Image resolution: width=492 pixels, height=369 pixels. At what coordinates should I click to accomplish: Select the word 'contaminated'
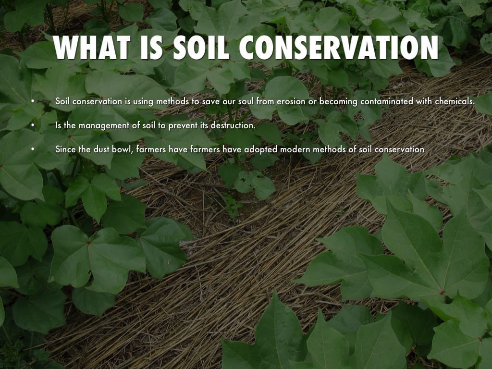(x=384, y=101)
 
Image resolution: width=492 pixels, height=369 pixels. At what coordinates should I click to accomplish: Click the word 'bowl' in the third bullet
(x=123, y=149)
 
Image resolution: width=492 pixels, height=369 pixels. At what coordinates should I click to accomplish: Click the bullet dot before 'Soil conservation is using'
(x=33, y=101)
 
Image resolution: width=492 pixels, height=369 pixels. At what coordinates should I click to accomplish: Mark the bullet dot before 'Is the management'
(x=33, y=126)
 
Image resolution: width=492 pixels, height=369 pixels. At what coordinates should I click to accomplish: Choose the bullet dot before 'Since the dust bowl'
(x=33, y=149)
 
